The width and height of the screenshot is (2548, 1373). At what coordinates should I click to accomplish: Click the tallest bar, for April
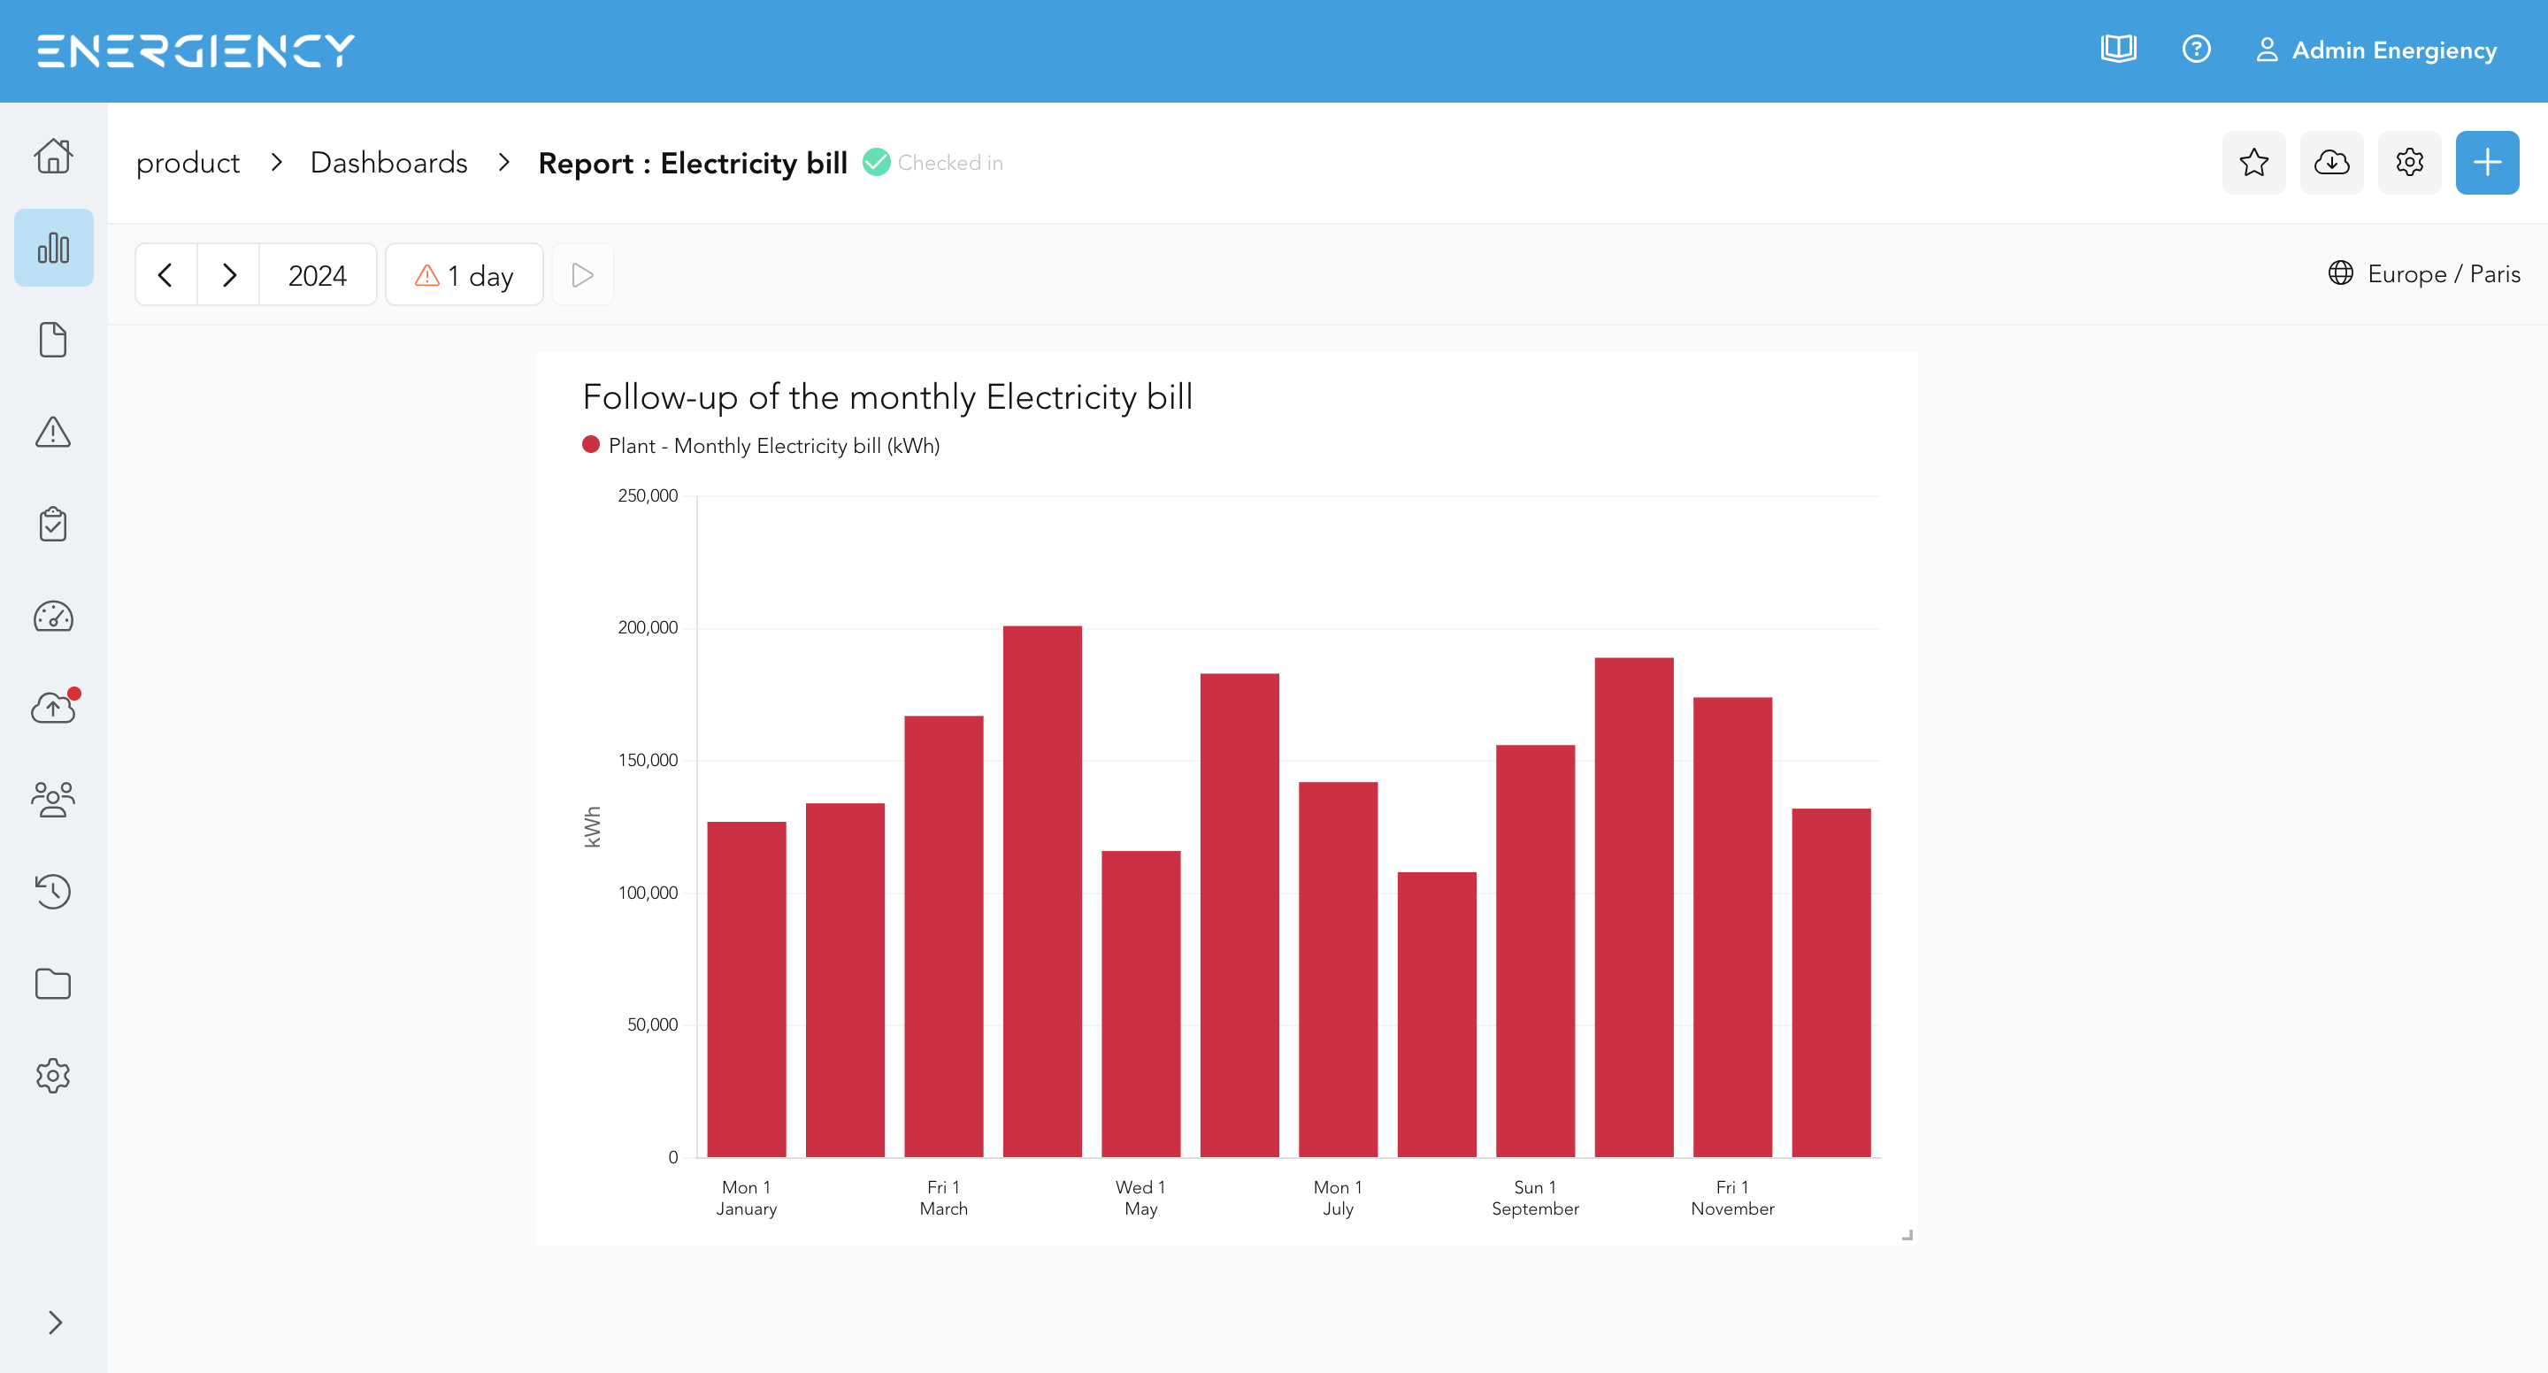pos(1041,891)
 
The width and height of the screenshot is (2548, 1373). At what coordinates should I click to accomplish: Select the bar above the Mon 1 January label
pos(747,989)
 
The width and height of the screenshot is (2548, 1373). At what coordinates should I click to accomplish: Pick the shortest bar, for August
pos(1436,1014)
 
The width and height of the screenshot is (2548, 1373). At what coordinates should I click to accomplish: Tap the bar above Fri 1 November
pos(1732,927)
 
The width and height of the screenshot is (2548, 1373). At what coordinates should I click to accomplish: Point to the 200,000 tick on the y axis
pos(648,627)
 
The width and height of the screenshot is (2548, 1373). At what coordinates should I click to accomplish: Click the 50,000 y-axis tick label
pos(652,1024)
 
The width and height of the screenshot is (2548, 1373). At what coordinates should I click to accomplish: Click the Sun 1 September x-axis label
pos(1535,1198)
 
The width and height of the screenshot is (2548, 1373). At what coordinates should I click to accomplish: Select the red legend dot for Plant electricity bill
pos(590,445)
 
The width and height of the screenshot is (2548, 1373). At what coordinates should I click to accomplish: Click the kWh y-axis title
pos(593,826)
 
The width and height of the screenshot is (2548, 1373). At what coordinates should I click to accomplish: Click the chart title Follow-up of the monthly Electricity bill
pos(887,396)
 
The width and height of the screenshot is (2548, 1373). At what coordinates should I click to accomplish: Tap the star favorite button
pos(2253,162)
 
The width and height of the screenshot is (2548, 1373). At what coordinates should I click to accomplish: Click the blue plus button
pos(2487,162)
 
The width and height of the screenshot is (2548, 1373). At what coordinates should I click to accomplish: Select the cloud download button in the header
pos(2331,162)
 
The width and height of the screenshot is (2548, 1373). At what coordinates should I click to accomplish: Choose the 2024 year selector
pos(318,275)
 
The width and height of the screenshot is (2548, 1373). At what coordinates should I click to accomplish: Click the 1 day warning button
pos(464,275)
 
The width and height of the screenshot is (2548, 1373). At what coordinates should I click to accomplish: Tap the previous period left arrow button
pos(166,275)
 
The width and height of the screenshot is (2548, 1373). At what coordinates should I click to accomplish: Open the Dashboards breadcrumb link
pos(388,162)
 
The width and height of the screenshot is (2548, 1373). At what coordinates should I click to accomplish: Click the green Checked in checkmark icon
pos(877,162)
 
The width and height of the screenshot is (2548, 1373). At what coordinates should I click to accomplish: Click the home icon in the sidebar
pos(53,156)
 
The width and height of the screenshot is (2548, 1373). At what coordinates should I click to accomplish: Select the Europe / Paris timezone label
pos(2443,274)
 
